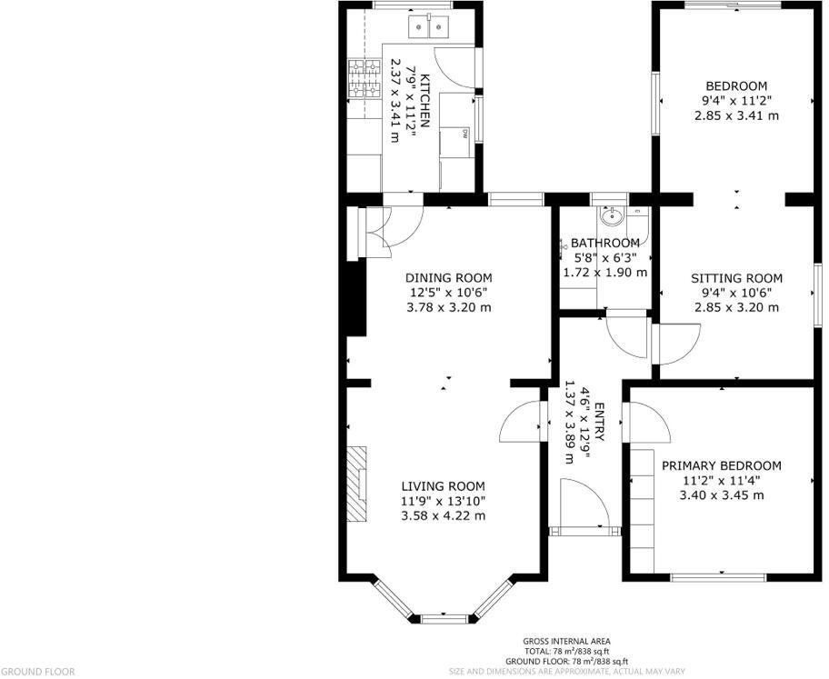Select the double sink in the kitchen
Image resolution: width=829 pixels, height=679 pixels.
tap(429, 26)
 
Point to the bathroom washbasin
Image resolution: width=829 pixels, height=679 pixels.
tap(612, 217)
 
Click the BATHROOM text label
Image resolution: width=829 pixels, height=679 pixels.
tap(604, 244)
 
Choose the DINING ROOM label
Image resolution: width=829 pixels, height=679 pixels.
tap(448, 278)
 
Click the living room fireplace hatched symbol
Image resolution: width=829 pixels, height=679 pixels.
tap(360, 484)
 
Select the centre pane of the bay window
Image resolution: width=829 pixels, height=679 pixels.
tap(445, 619)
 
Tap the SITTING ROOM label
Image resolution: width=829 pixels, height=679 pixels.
tap(736, 278)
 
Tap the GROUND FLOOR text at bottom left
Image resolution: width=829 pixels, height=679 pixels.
tap(36, 672)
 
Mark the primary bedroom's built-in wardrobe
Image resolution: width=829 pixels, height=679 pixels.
tap(643, 509)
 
